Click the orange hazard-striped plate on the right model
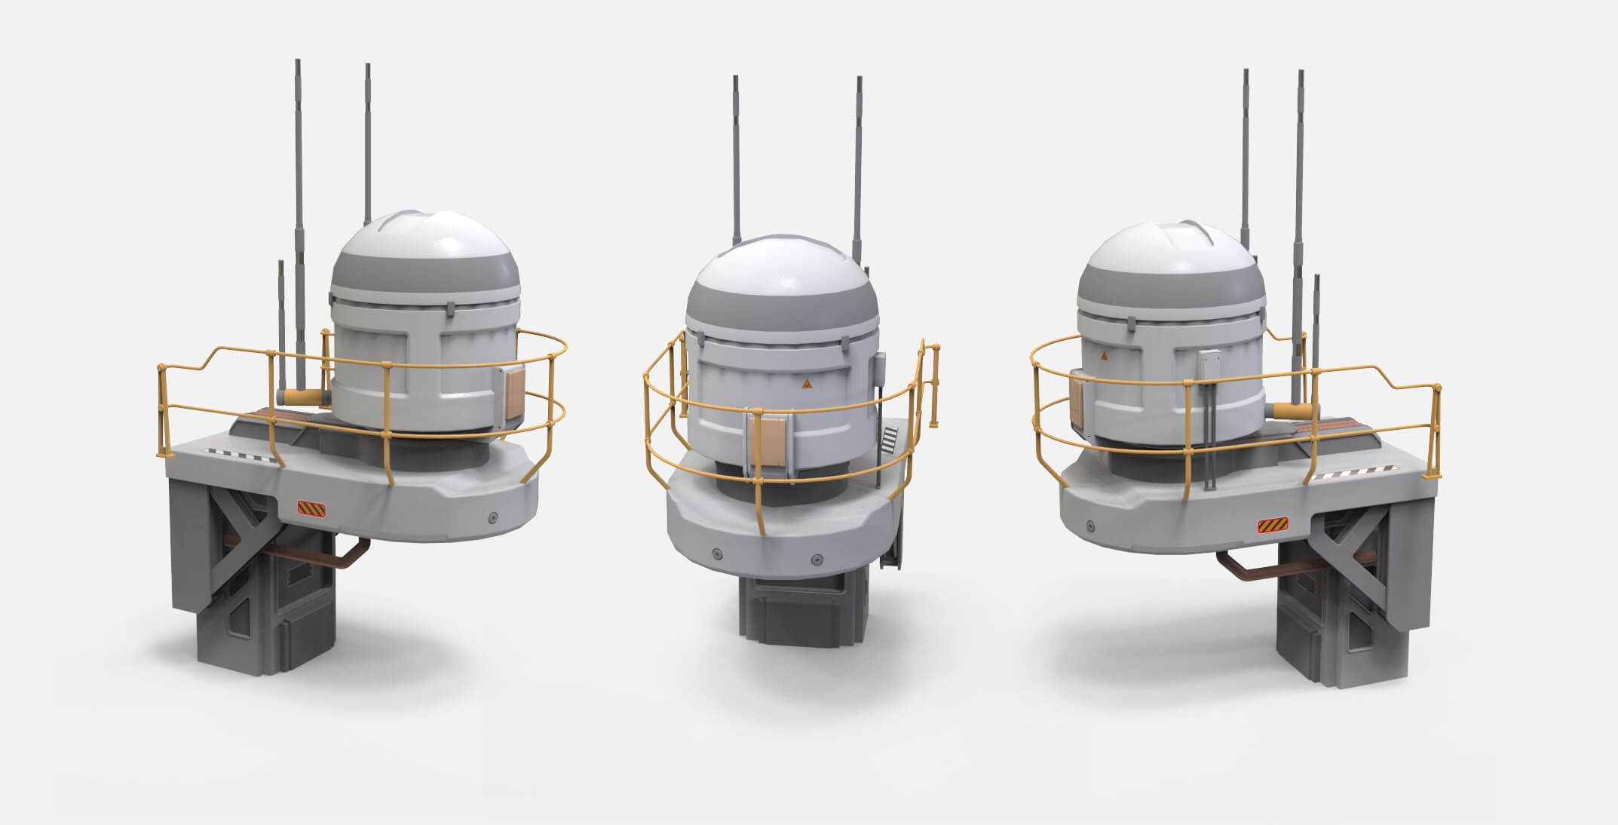(x=1272, y=525)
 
